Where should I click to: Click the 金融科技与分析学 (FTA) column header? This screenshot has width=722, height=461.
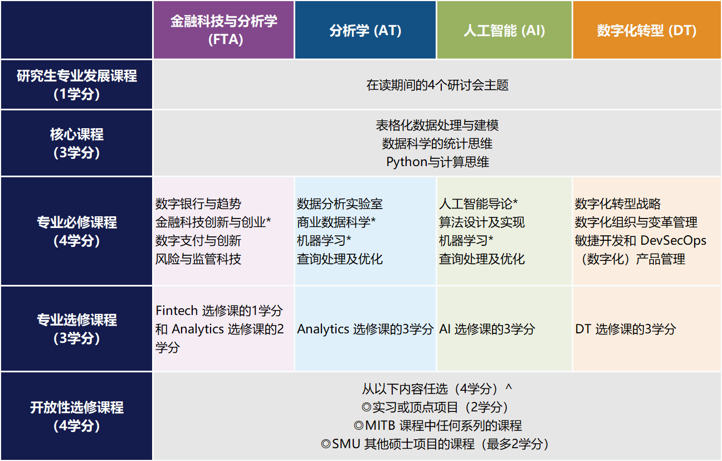point(223,30)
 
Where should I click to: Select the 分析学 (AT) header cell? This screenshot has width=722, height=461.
point(365,30)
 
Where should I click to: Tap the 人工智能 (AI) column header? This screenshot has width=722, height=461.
point(504,30)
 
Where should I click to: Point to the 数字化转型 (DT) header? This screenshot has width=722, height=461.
point(647,30)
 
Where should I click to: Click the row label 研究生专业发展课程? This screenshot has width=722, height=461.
point(77,76)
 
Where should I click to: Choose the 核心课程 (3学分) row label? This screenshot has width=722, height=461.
point(77,143)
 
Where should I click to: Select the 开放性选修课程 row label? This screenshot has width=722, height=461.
point(77,407)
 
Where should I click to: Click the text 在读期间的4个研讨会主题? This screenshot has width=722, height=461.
point(437,85)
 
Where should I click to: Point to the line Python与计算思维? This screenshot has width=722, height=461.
point(437,162)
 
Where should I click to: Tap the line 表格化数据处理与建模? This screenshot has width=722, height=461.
point(437,124)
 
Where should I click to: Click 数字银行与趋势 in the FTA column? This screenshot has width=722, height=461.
point(198,204)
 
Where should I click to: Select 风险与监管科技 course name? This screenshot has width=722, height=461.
point(198,259)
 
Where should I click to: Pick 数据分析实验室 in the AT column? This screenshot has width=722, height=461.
point(340,204)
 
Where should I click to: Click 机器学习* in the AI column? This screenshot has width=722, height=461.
point(466,241)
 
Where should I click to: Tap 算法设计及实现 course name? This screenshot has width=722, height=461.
point(482,222)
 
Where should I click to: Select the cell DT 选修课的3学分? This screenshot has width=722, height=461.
point(626,329)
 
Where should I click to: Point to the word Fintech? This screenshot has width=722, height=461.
point(176,310)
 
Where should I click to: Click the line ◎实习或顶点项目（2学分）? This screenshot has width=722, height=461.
point(437,407)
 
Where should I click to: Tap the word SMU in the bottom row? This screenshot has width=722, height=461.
point(347,444)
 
